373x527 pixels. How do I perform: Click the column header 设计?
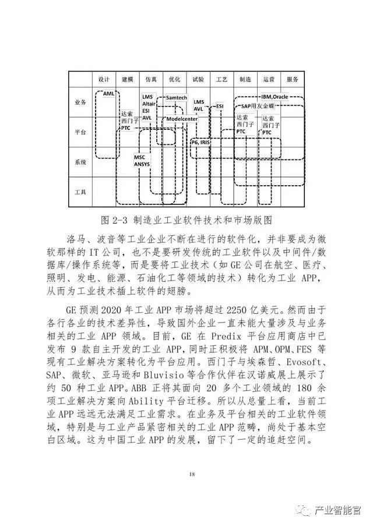point(104,79)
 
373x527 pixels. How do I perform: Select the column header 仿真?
point(151,79)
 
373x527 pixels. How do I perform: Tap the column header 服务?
point(292,79)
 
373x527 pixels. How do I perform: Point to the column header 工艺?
point(221,79)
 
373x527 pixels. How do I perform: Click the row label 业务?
point(80,101)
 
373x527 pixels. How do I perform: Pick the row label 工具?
point(80,192)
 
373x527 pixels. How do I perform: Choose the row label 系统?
point(80,162)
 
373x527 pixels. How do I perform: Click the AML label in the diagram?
point(108,93)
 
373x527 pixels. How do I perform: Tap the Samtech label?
point(176,98)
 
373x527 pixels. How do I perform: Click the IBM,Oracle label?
point(275,96)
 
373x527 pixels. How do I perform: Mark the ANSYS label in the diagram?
point(142,165)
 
